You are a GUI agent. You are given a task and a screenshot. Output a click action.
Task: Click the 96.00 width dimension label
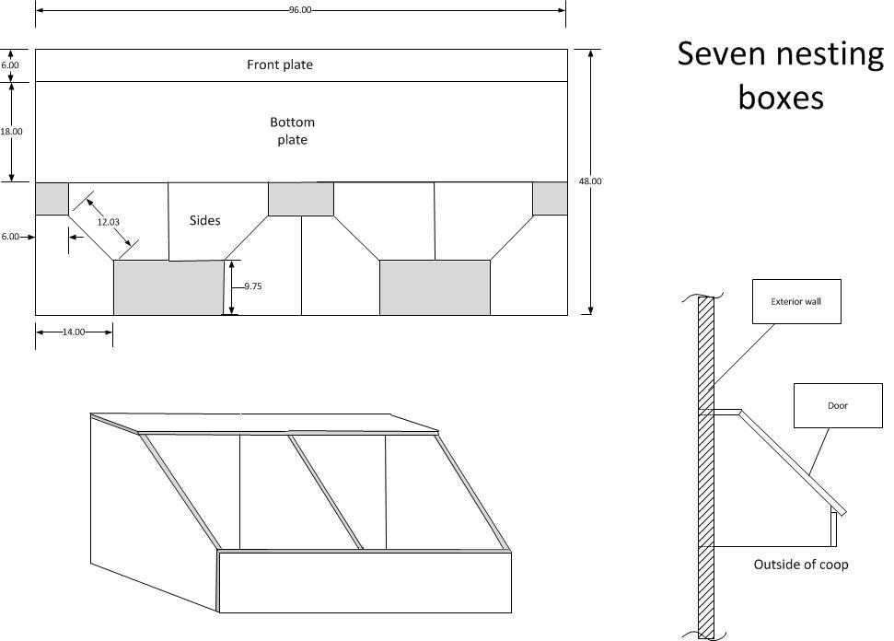pyautogui.click(x=300, y=10)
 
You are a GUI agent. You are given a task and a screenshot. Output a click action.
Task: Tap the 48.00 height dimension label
pyautogui.click(x=590, y=181)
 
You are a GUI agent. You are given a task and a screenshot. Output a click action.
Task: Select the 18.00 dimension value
pyautogui.click(x=11, y=132)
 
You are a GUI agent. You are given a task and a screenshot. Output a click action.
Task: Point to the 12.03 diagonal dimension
pyautogui.click(x=109, y=222)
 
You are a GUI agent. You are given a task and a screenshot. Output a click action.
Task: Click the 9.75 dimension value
pyautogui.click(x=253, y=286)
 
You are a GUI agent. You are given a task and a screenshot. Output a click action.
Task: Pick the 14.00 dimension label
pyautogui.click(x=74, y=332)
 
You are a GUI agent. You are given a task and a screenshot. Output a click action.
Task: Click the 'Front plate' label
pyautogui.click(x=280, y=65)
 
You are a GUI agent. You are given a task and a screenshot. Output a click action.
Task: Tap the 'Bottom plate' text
pyautogui.click(x=293, y=131)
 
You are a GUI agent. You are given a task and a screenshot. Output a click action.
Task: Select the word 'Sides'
pyautogui.click(x=204, y=221)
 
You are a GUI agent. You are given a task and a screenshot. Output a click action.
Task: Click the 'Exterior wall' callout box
pyautogui.click(x=796, y=302)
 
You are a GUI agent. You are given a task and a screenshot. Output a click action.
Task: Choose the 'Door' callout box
pyautogui.click(x=838, y=405)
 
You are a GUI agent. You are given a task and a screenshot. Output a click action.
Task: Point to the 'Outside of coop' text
pyautogui.click(x=801, y=565)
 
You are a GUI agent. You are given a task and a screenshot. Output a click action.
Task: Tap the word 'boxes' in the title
pyautogui.click(x=781, y=97)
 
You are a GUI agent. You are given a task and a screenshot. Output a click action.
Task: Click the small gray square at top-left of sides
pyautogui.click(x=52, y=199)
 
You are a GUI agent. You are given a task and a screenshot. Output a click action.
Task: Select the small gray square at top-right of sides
pyautogui.click(x=551, y=199)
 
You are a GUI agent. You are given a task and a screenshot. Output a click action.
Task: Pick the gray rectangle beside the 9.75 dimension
pyautogui.click(x=168, y=288)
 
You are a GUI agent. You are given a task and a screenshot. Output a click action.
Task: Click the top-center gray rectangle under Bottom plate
pyautogui.click(x=301, y=199)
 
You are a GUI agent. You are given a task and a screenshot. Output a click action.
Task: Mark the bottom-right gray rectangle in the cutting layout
pyautogui.click(x=435, y=288)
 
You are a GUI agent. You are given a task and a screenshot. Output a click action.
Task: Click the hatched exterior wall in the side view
pyautogui.click(x=706, y=468)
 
